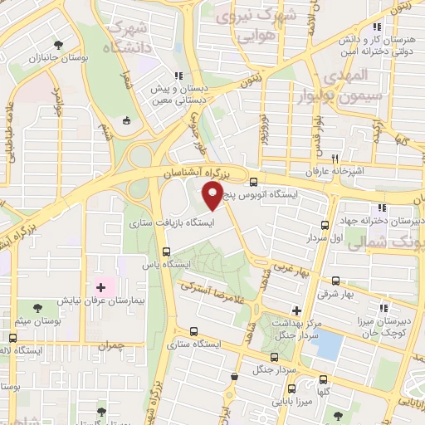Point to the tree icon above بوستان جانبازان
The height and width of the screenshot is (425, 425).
click(x=56, y=45)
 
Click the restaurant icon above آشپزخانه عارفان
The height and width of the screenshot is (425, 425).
click(x=335, y=158)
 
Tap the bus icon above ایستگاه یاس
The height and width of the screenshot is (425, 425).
click(x=167, y=251)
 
